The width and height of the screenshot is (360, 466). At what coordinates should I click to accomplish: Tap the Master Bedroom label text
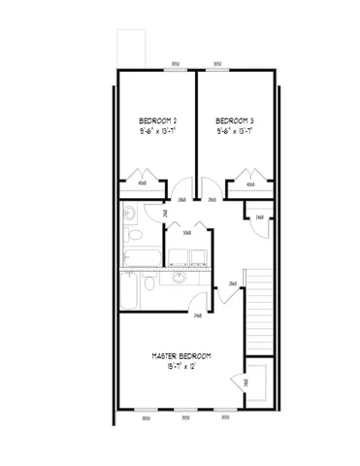[181, 357]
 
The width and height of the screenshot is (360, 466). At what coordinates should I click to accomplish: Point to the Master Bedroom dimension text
[181, 369]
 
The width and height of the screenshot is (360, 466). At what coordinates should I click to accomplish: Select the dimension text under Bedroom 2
[158, 128]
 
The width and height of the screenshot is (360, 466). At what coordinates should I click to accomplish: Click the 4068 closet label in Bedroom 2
[143, 183]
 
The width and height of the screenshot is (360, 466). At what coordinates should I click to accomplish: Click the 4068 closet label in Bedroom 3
[250, 183]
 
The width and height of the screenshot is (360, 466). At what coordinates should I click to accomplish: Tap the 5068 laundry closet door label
[186, 232]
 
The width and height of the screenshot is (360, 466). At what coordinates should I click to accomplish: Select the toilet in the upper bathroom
[135, 234]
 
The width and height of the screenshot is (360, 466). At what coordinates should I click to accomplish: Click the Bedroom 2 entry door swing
[178, 187]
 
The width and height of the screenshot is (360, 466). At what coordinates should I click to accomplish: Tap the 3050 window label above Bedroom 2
[175, 64]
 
